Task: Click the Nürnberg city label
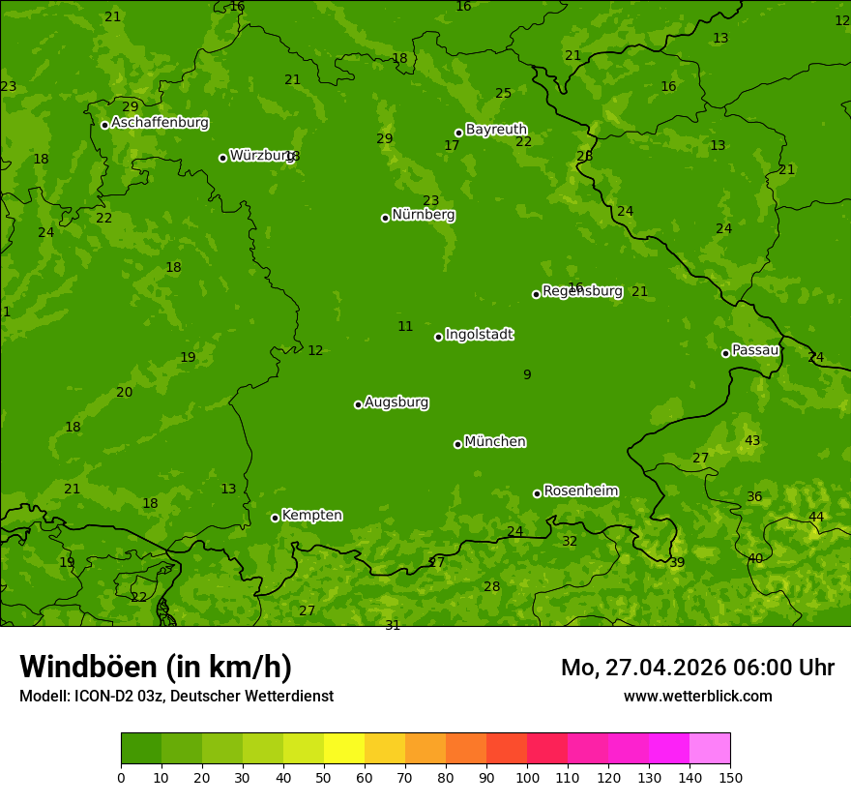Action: [x=423, y=215]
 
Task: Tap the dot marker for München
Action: [x=457, y=444]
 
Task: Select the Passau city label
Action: [x=754, y=350]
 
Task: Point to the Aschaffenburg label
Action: [x=160, y=123]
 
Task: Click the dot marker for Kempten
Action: [x=275, y=518]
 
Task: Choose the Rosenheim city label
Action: [x=580, y=491]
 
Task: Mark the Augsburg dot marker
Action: [x=358, y=404]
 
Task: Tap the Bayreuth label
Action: [x=496, y=130]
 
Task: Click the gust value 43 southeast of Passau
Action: [x=752, y=441]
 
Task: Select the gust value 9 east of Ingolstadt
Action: [x=527, y=375]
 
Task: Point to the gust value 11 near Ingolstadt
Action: [x=405, y=327]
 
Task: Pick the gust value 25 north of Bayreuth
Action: [x=503, y=94]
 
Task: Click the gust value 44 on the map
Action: [x=816, y=517]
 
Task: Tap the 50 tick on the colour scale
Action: [x=324, y=776]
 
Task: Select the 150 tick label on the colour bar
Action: [x=730, y=776]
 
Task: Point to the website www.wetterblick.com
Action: [x=697, y=696]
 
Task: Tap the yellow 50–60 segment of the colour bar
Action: [x=344, y=749]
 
